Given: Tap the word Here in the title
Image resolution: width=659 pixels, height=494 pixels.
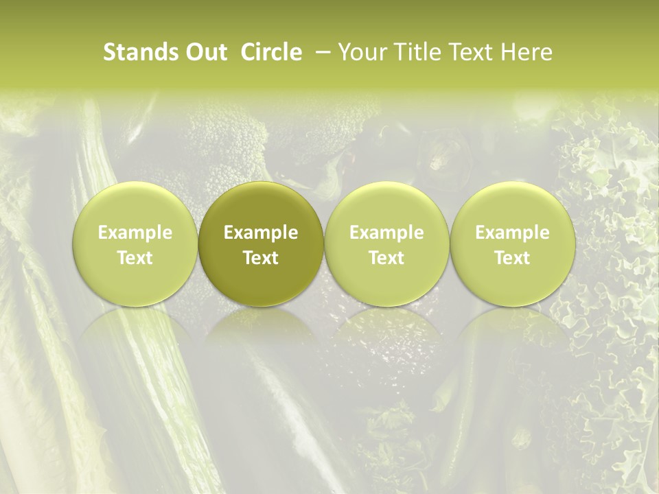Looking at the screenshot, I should point(526,52).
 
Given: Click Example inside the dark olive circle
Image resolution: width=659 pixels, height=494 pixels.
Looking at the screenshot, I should point(261,233).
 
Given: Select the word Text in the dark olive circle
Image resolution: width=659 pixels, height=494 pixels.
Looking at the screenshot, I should point(261,258).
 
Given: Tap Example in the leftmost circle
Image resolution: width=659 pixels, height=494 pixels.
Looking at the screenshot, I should point(135,233).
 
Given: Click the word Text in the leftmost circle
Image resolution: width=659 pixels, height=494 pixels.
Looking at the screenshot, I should point(135,258).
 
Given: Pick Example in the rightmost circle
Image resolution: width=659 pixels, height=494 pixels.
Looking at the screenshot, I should point(512,233).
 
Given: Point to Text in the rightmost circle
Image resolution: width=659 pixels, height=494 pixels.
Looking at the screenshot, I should point(512,258).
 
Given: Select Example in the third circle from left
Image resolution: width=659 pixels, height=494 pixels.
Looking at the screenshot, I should point(386,233).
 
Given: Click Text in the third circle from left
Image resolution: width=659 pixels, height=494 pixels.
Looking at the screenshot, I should point(386,258).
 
